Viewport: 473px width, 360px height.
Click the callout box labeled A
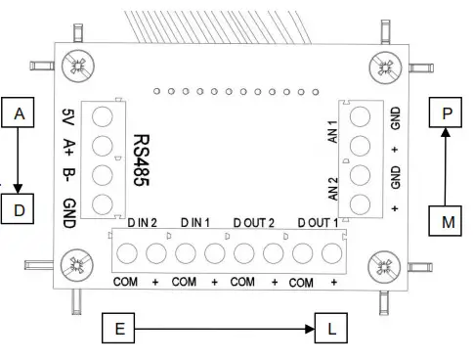pos(18,114)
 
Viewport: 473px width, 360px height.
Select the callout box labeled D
pos(18,208)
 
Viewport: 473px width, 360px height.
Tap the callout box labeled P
pos(447,113)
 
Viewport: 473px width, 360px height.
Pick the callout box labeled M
pos(447,221)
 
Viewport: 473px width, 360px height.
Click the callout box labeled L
pos(330,330)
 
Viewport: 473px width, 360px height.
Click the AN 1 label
pos(332,132)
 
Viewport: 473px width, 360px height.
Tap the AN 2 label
pos(332,186)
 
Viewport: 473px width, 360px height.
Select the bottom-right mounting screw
pos(384,265)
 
